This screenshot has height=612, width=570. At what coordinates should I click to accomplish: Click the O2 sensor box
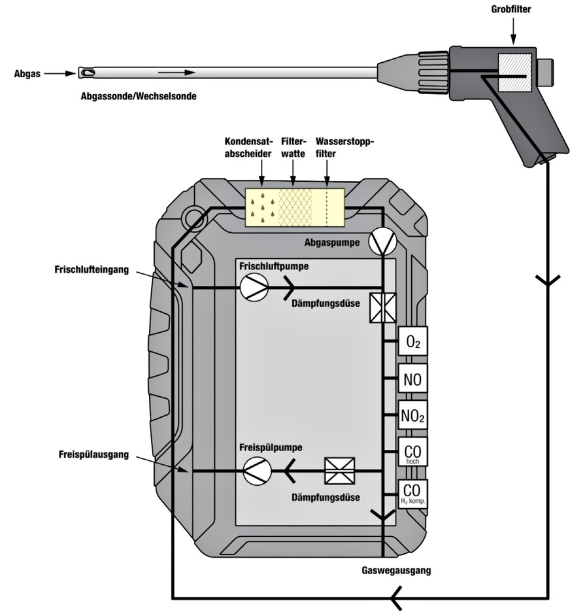point(412,341)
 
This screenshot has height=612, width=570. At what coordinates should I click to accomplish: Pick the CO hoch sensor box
point(412,452)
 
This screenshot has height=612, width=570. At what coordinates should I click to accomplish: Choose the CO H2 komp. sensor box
point(412,492)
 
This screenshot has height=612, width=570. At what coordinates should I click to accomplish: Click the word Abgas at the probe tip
point(27,74)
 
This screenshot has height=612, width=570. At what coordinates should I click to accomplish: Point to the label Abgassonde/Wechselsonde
point(137,95)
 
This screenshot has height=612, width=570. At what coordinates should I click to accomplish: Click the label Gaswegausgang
point(396,570)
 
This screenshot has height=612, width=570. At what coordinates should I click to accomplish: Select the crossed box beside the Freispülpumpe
point(340,470)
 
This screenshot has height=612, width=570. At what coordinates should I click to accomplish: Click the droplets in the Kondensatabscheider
point(261,207)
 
